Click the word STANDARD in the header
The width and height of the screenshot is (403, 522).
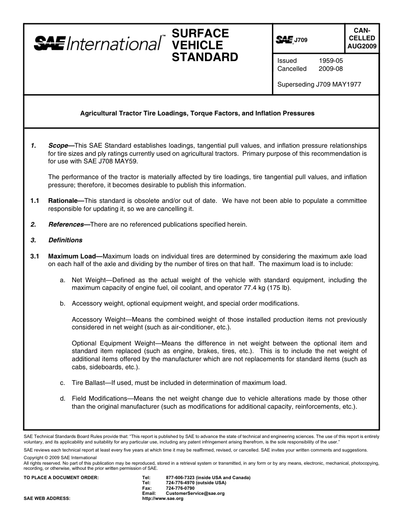click(204, 57)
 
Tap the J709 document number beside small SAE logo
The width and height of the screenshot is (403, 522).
click(301, 40)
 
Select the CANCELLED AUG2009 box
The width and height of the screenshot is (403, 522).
click(361, 38)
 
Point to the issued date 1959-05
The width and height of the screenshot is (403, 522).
click(330, 61)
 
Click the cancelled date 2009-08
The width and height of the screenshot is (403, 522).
click(330, 69)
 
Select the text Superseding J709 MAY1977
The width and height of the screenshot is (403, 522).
click(319, 84)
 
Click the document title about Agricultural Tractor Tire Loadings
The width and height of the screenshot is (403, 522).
click(197, 113)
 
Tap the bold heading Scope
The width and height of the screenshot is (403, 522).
click(58, 146)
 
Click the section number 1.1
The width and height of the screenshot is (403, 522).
click(35, 201)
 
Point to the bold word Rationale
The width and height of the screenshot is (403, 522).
click(63, 201)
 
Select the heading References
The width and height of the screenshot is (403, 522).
click(66, 224)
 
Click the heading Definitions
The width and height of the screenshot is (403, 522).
click(65, 240)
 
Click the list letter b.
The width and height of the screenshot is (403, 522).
click(62, 303)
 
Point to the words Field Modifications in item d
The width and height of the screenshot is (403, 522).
click(99, 399)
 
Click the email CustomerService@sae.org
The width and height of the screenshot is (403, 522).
click(195, 494)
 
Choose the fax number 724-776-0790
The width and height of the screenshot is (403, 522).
click(180, 488)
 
